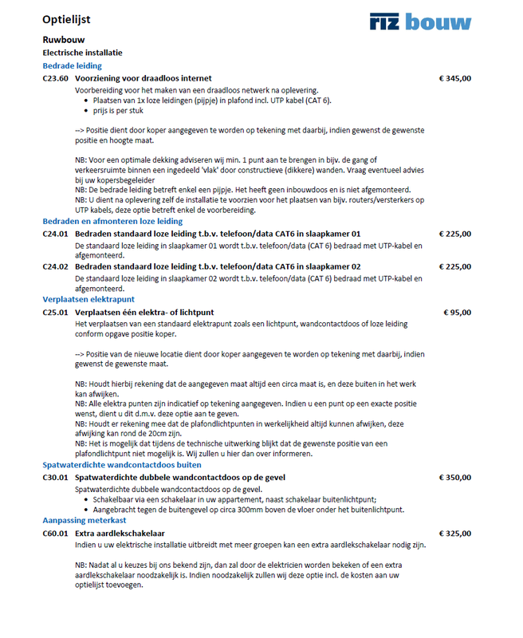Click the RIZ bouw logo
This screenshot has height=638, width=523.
420,22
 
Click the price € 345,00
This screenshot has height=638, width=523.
455,78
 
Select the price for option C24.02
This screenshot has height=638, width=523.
455,266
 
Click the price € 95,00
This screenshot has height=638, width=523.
458,312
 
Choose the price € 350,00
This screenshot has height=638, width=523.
455,476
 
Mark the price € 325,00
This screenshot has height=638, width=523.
455,532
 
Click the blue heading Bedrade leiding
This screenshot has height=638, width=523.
72,65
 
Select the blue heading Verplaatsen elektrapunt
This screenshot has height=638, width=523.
88,299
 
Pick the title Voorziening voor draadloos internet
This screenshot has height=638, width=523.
144,78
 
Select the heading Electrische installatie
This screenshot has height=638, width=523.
83,52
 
